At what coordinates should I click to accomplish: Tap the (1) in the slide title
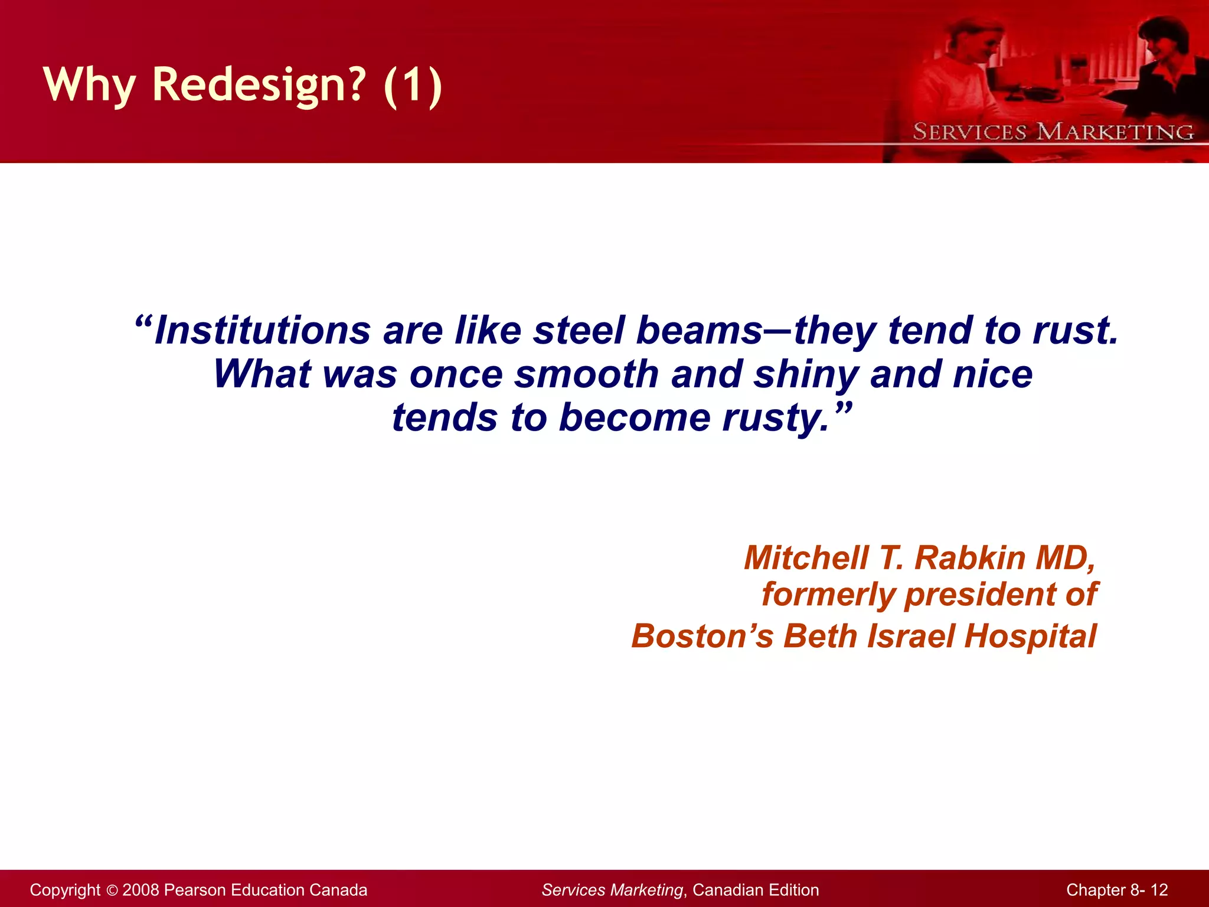tap(412, 84)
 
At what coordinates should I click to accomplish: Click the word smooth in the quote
tap(586, 374)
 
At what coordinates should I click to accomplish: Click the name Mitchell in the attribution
tap(806, 557)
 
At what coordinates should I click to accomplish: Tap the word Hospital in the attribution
tap(1030, 637)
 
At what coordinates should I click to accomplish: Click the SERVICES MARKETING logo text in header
tap(1053, 132)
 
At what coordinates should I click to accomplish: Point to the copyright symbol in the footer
tap(112, 890)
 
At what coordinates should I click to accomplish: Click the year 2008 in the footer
tap(140, 890)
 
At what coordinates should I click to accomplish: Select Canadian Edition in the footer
tap(756, 890)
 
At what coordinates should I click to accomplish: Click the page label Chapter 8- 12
tap(1117, 890)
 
